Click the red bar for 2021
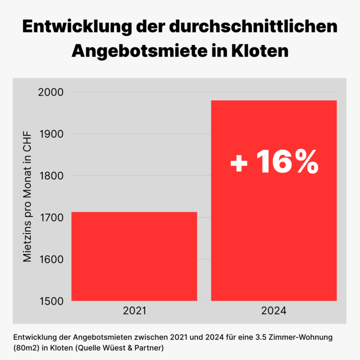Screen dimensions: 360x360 pyautogui.click(x=134, y=256)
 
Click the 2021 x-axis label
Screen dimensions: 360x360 pyautogui.click(x=134, y=311)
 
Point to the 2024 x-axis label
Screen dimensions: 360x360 pyautogui.click(x=274, y=311)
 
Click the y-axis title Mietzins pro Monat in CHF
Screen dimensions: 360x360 pyautogui.click(x=28, y=197)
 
